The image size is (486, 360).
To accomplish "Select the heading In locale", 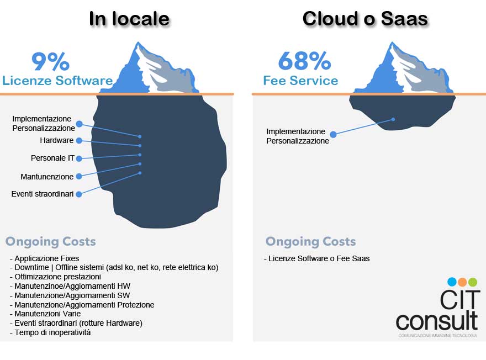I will [129, 19].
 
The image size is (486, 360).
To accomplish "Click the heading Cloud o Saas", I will [365, 19].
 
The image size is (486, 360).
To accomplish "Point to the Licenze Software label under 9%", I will [57, 81].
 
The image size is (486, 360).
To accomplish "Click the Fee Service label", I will [300, 81].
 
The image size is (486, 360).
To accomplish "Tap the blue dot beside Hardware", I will [79, 141].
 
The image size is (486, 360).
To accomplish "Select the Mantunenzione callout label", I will [47, 177].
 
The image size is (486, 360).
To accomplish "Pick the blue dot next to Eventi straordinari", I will [79, 194].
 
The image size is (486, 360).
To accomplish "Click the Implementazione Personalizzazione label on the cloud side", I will [298, 136].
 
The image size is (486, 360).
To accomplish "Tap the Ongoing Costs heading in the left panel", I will [51, 241].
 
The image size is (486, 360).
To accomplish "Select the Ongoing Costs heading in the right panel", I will [311, 241].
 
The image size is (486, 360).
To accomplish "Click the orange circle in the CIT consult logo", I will [462, 282].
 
